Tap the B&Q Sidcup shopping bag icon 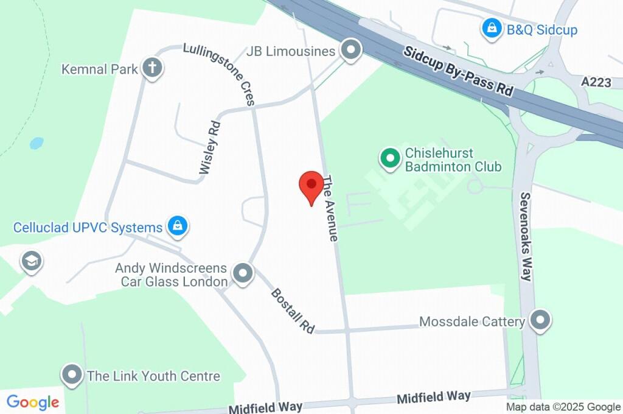[x=490, y=28]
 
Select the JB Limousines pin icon [x=350, y=51]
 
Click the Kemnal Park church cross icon [x=152, y=68]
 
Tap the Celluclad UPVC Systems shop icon [x=177, y=226]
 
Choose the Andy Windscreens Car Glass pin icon [x=243, y=274]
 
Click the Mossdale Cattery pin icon [x=540, y=320]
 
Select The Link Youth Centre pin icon [x=72, y=375]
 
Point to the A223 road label [x=596, y=82]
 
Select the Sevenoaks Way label [x=526, y=236]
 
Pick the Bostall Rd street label [x=293, y=310]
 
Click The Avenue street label [x=329, y=208]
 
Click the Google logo [x=33, y=402]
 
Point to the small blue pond [x=37, y=144]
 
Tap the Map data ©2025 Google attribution [x=563, y=407]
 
